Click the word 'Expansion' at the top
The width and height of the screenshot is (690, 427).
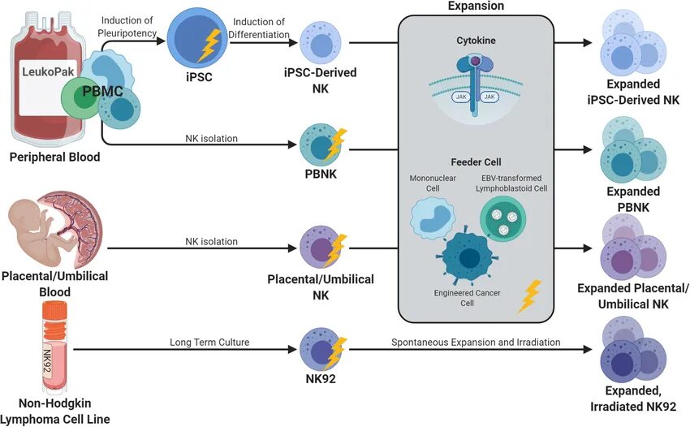(x=476, y=6)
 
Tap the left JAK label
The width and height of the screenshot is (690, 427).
(x=459, y=97)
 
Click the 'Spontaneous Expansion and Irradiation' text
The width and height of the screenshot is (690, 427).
(x=477, y=342)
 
